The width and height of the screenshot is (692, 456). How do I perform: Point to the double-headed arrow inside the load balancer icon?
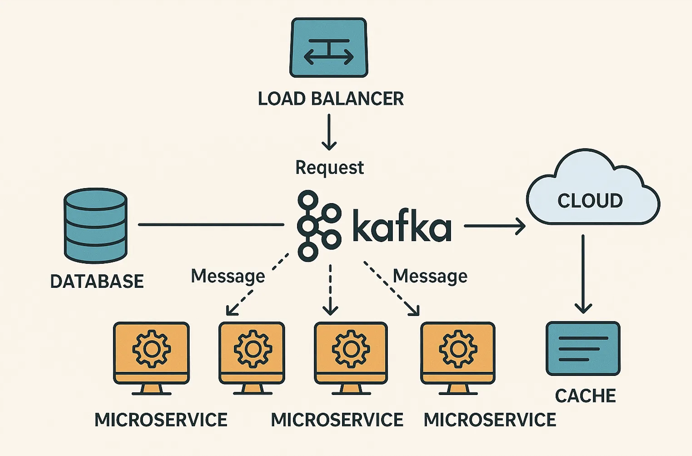click(x=329, y=57)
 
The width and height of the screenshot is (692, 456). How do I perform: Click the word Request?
click(x=330, y=167)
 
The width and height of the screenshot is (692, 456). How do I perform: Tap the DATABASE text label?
click(x=97, y=281)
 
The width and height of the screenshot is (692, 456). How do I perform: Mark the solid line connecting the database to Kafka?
click(x=211, y=224)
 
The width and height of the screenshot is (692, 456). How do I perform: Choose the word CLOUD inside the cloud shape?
click(x=590, y=201)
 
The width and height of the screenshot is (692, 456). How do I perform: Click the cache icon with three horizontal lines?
click(x=583, y=348)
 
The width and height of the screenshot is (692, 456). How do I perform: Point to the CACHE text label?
click(x=585, y=396)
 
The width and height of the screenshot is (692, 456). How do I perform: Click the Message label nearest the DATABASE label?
click(x=228, y=276)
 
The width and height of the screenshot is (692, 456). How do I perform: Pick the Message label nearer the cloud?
click(x=430, y=276)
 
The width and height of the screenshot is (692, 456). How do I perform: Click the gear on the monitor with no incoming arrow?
click(x=151, y=349)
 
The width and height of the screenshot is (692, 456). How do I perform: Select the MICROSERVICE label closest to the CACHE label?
click(x=490, y=420)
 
